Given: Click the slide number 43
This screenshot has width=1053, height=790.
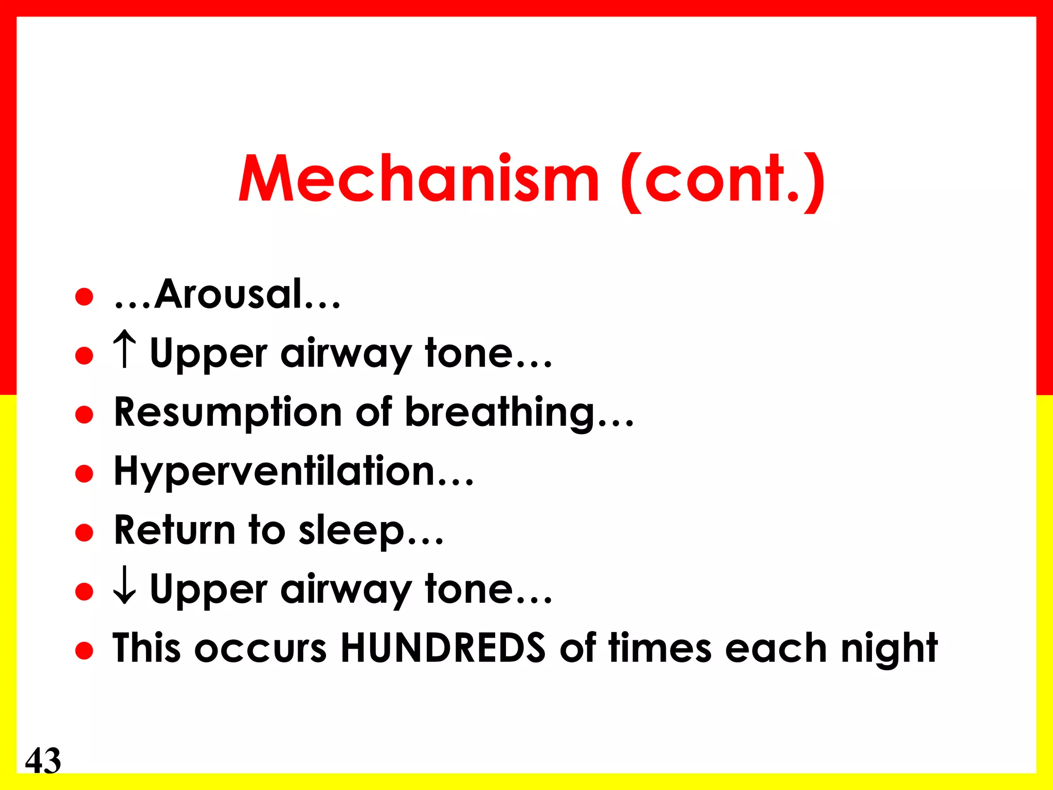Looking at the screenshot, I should coord(43,760).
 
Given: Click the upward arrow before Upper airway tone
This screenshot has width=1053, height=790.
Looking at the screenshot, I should coord(124,350).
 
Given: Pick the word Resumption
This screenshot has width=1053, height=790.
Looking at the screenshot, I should coord(228,413).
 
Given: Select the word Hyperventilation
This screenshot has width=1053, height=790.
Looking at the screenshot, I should coord(275,472).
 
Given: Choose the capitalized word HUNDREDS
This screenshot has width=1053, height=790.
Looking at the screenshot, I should coord(443,648).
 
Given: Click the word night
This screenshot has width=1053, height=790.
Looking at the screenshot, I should coord(889,649).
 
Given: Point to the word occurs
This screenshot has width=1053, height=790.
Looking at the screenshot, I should coord(261,648).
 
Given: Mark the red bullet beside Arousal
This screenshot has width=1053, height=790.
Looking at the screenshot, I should coord(84,297).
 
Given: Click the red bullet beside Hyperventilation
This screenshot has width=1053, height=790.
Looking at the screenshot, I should coord(84,474).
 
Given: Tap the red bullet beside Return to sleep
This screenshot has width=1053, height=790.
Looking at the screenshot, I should coord(84,533).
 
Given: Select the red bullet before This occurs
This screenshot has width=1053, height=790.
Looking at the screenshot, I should coord(84,651).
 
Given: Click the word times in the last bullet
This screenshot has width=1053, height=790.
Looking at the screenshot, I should coord(661,648).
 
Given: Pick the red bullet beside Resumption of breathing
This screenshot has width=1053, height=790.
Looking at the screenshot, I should coord(84,415).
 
